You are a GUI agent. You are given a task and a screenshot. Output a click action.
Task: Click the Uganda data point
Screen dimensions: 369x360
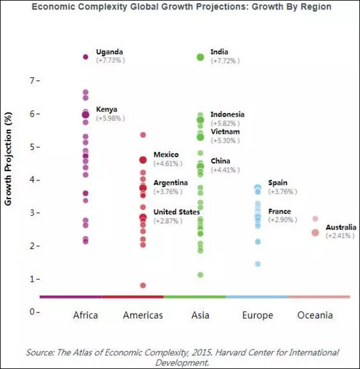[x=86, y=57]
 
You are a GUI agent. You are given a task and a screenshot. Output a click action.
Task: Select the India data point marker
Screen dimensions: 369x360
[x=200, y=57]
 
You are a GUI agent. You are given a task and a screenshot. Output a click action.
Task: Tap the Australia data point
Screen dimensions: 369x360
[x=315, y=232]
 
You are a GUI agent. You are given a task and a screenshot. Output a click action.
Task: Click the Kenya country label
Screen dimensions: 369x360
[x=106, y=109]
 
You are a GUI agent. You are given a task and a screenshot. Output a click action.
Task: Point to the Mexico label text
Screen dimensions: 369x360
[x=166, y=155]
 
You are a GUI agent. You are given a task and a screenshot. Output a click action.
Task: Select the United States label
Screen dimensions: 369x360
[x=176, y=212]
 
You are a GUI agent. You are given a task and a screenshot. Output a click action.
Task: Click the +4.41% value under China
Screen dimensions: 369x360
[x=225, y=170]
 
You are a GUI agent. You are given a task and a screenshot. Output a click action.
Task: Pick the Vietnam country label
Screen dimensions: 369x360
[x=225, y=132]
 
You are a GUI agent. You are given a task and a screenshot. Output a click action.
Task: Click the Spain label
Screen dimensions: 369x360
[x=278, y=182]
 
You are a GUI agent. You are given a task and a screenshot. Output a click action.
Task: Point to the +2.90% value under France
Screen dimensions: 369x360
[x=283, y=221]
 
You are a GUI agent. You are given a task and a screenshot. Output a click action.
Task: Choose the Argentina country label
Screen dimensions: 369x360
[x=170, y=182]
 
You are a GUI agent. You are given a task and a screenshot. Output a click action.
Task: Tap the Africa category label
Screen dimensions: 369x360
[x=86, y=315]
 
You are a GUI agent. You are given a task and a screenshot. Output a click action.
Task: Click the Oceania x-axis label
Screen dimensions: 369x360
[x=315, y=315]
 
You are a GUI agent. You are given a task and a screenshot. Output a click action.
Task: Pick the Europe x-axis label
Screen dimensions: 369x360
[x=258, y=315]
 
